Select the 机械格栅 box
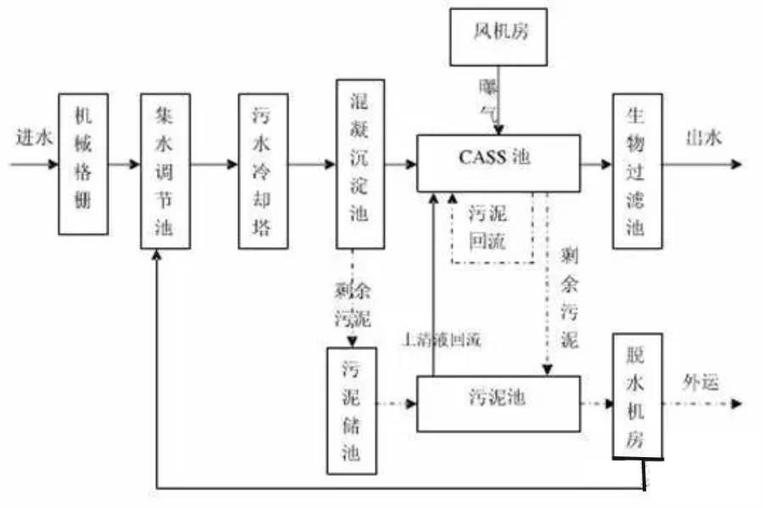[x=83, y=164]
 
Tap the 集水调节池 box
[x=165, y=170]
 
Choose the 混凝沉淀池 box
[x=360, y=164]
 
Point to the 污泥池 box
[x=498, y=403]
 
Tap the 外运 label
[x=700, y=382]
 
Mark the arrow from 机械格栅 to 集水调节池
[x=125, y=164]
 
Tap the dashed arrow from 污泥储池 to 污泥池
[x=397, y=404]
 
